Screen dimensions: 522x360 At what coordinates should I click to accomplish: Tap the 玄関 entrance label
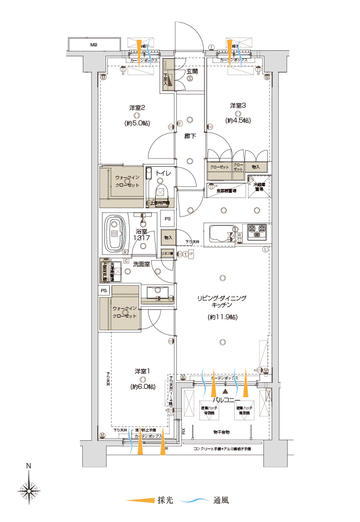191,71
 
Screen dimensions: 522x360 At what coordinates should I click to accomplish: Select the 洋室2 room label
137,107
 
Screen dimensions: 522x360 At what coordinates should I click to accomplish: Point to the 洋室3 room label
238,105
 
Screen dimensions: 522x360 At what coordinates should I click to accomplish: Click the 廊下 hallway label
190,135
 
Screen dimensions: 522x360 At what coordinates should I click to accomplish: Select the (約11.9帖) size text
222,317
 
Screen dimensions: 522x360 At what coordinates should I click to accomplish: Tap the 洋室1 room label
142,371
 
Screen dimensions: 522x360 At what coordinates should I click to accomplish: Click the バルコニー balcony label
224,398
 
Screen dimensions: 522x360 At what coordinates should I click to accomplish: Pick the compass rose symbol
29,489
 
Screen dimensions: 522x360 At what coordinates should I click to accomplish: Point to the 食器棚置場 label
222,190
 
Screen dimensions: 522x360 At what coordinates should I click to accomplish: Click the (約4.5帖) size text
238,120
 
